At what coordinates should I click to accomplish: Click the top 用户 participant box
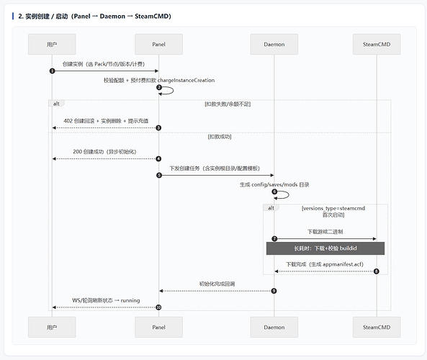[x=52, y=44]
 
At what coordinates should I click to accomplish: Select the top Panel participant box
[x=158, y=44]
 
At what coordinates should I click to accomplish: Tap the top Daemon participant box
[x=274, y=44]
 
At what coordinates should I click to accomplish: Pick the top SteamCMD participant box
[x=377, y=44]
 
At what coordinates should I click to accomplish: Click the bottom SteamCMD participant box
[x=377, y=327]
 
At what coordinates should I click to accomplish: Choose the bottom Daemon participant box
[x=274, y=327]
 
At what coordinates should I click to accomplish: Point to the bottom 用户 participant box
[x=52, y=327]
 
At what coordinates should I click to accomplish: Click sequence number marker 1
[x=52, y=71]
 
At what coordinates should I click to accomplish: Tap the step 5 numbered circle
[x=159, y=176]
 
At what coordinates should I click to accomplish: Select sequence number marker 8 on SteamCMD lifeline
[x=377, y=271]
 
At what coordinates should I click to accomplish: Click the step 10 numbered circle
[x=158, y=307]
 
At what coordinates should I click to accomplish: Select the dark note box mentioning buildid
[x=325, y=248]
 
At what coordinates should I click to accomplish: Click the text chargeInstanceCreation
[x=186, y=81]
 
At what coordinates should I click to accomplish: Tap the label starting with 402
[x=106, y=121]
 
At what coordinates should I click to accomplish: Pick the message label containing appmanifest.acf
[x=325, y=264]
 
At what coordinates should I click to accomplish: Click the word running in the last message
[x=130, y=300]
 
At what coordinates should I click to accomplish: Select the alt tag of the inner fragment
[x=271, y=208]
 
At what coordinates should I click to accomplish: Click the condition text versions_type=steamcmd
[x=334, y=208]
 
